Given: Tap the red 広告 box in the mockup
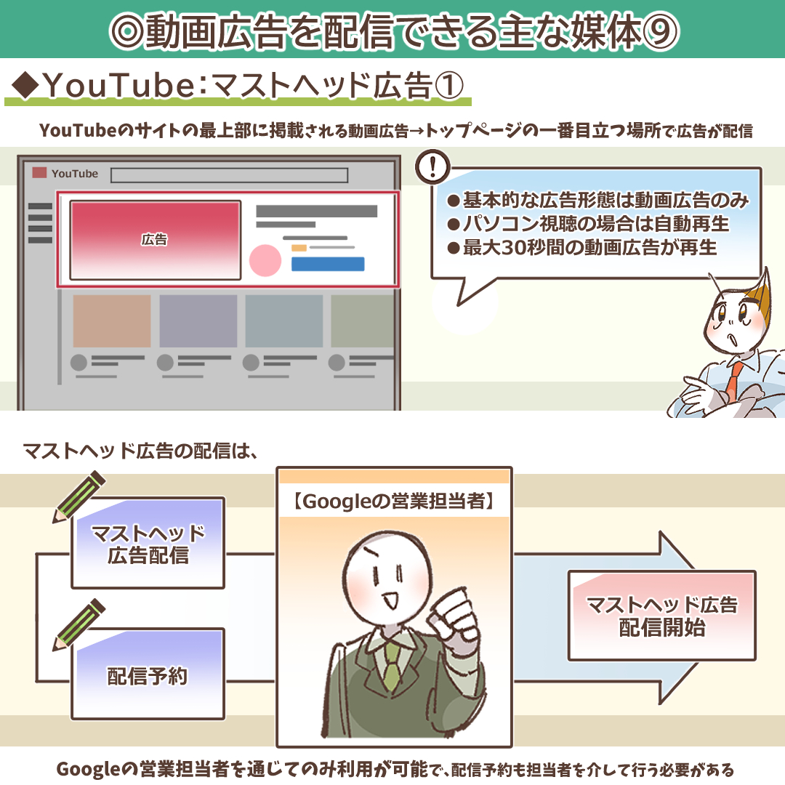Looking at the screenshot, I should [x=154, y=240].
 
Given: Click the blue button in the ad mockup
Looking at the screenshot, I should [x=327, y=264].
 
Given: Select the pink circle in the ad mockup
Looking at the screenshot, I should [x=265, y=260].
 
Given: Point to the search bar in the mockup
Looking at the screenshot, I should [x=229, y=175].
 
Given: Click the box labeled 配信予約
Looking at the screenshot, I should [x=148, y=676].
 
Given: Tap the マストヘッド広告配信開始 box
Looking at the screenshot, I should [x=661, y=616].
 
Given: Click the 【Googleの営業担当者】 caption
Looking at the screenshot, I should [x=394, y=502].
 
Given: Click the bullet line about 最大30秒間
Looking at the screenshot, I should [x=581, y=248].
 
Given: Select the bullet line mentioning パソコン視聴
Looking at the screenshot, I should [x=587, y=223].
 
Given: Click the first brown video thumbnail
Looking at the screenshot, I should [x=112, y=321].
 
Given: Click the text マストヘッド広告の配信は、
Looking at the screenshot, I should [x=141, y=451].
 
